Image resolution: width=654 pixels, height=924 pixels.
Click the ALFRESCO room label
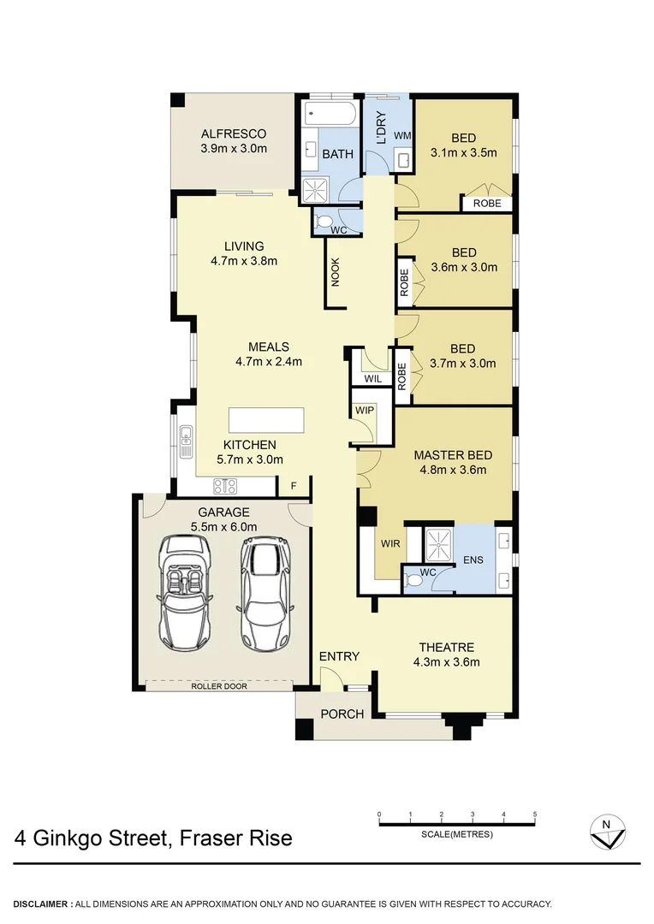point(234,133)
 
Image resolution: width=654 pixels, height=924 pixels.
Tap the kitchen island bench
point(266,421)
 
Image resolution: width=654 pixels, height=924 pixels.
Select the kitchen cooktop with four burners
point(224,486)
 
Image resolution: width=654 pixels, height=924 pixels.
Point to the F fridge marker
point(294,487)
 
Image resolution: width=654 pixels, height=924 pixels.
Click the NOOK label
point(336,271)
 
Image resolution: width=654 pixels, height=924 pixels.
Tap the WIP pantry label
point(365,410)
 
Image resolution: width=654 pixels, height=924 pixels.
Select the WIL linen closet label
point(372,377)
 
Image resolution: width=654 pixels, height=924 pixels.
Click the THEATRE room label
point(446,647)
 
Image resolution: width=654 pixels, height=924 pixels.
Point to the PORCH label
point(342,714)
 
